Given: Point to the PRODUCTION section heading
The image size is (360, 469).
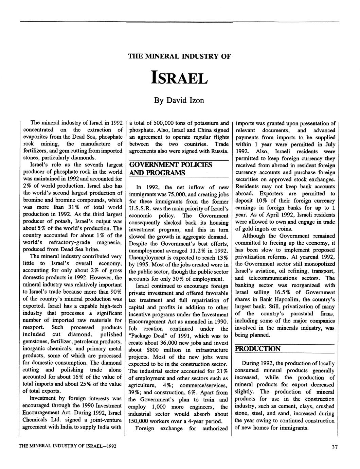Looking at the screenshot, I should click(258, 349).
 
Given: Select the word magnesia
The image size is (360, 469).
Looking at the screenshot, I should click(109, 243).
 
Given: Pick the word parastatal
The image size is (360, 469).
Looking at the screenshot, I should click(298, 313).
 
